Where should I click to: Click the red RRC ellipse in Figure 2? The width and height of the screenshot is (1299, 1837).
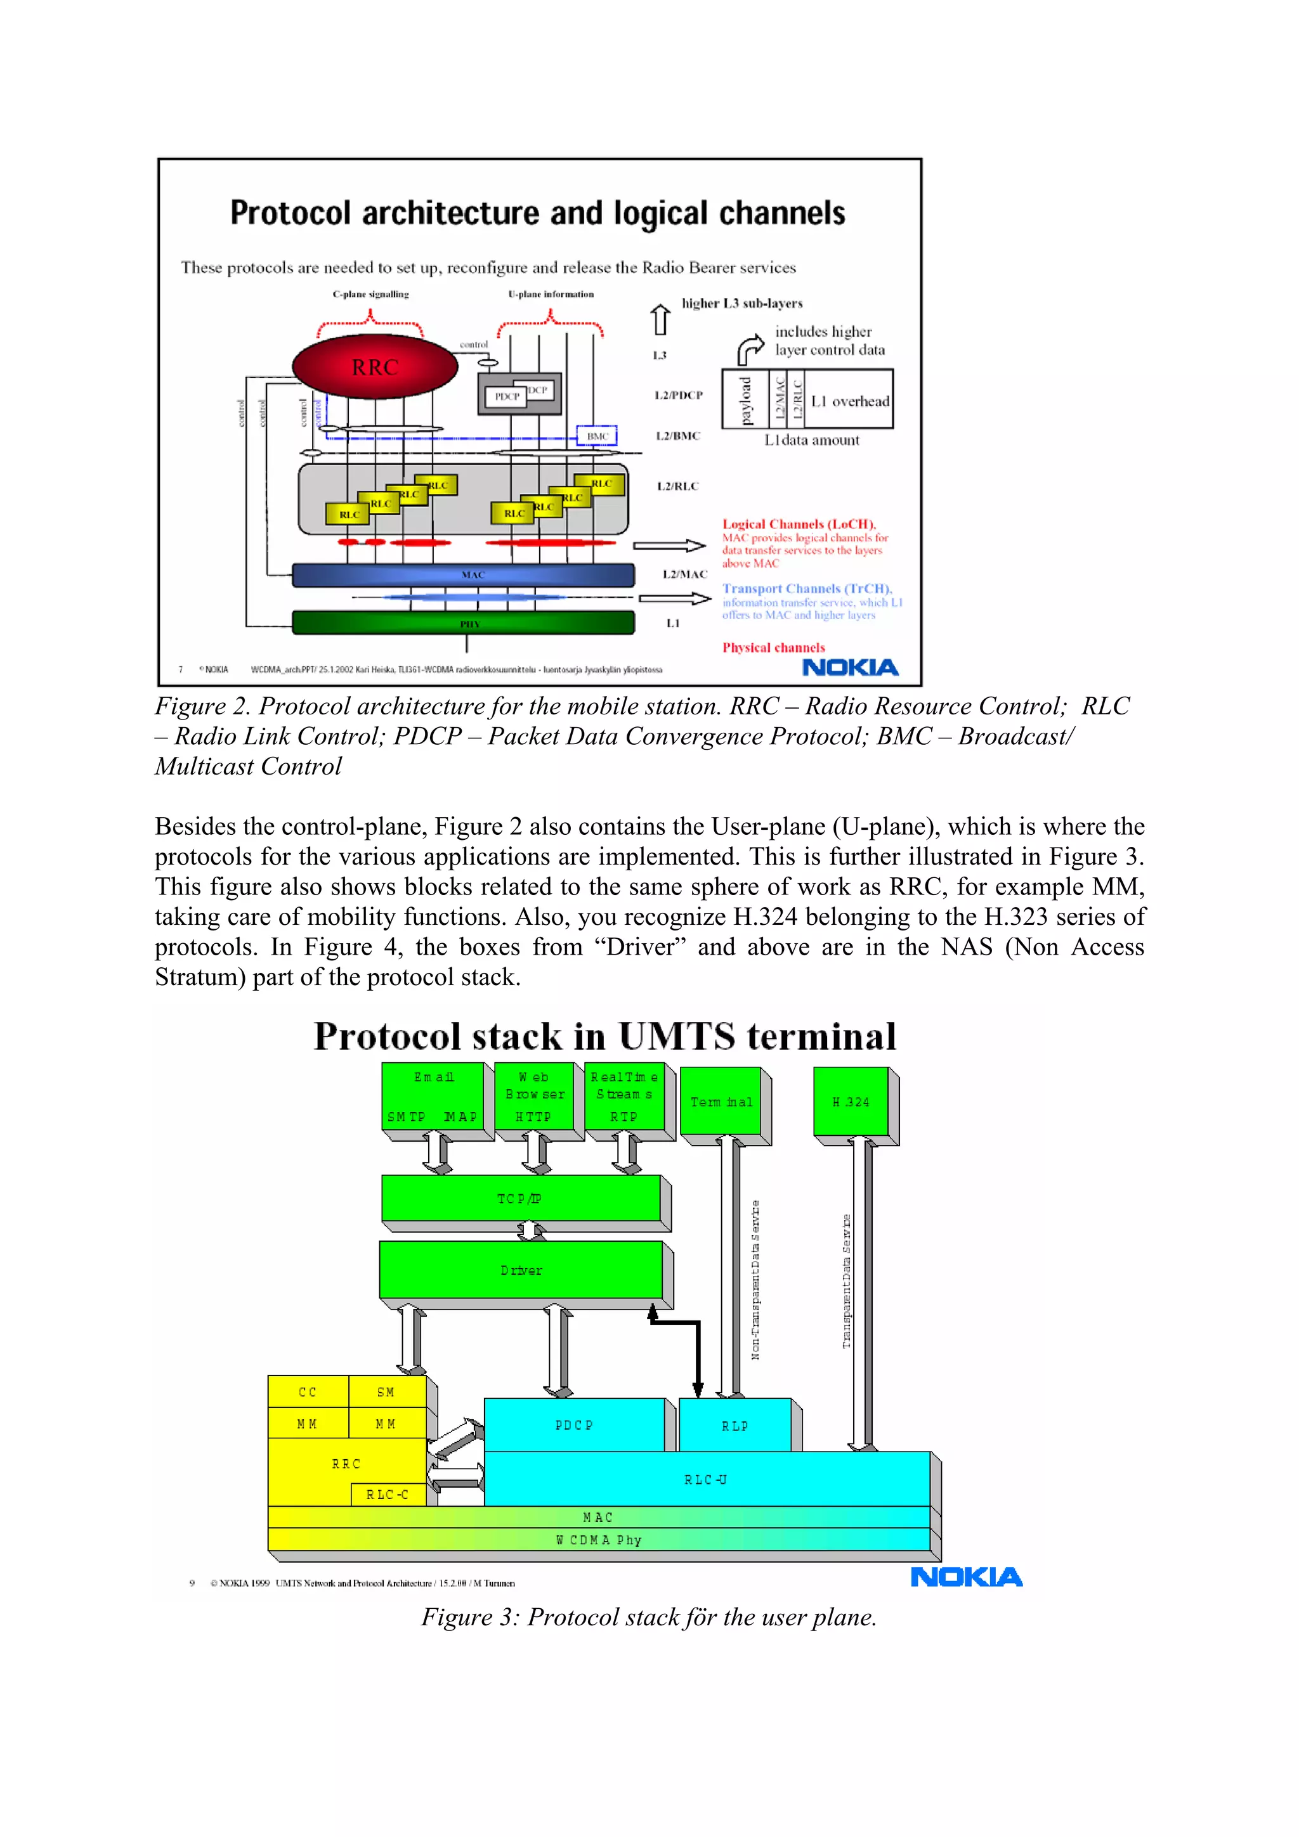coord(375,366)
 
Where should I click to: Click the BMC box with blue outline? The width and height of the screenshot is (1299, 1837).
coord(597,436)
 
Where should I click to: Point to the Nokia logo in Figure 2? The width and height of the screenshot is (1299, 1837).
coord(850,667)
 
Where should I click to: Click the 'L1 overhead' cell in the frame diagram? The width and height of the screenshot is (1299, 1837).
coord(850,401)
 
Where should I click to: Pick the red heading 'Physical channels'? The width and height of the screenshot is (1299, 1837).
coord(773,647)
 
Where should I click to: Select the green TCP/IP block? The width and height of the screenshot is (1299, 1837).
coord(520,1198)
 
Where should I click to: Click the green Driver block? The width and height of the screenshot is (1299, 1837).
coord(520,1270)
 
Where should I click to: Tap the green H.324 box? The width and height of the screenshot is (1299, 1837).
coord(851,1101)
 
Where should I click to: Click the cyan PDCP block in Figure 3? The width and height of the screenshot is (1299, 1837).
coord(574,1425)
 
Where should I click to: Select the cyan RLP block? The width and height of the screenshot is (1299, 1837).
coord(734,1426)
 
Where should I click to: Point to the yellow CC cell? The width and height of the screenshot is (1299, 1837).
coord(308,1392)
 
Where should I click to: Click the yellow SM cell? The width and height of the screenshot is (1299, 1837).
coord(386,1392)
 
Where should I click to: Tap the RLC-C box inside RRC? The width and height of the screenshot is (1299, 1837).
coord(388,1495)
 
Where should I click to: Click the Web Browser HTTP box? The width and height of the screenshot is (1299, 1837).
coord(534,1096)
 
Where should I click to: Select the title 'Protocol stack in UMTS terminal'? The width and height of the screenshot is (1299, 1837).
coord(605,1037)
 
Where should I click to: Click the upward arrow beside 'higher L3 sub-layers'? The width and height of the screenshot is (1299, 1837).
coord(660,319)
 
